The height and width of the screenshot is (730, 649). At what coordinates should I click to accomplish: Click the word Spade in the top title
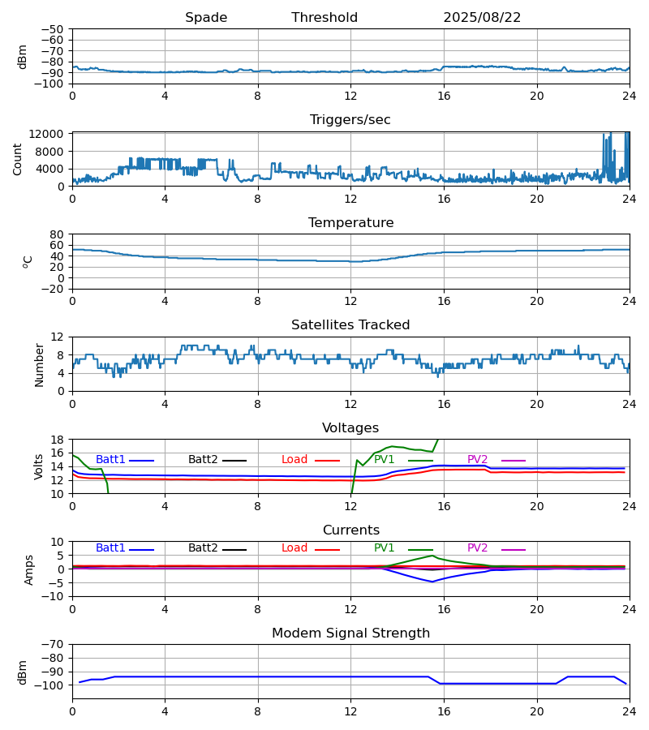pyautogui.click(x=206, y=18)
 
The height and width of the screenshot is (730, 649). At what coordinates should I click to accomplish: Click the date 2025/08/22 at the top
pyautogui.click(x=482, y=18)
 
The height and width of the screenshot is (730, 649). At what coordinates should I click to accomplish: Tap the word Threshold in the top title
pyautogui.click(x=324, y=18)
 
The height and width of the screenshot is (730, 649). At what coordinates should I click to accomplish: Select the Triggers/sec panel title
pyautogui.click(x=350, y=120)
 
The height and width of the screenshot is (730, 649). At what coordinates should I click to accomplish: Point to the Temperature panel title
pyautogui.click(x=350, y=223)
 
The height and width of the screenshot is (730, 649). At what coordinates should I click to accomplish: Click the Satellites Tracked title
pyautogui.click(x=350, y=325)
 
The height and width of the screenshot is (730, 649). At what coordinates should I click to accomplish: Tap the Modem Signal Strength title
pyautogui.click(x=350, y=633)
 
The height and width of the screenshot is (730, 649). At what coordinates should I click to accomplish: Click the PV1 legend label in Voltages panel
pyautogui.click(x=384, y=460)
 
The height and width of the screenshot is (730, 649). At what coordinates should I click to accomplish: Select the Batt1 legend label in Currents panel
pyautogui.click(x=110, y=548)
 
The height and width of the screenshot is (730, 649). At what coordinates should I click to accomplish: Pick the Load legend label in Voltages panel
pyautogui.click(x=294, y=460)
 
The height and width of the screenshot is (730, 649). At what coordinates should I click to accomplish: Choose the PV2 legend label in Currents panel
pyautogui.click(x=477, y=548)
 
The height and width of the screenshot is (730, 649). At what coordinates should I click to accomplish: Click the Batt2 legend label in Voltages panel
pyautogui.click(x=203, y=460)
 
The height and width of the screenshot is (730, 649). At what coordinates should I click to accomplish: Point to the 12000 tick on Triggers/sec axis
pyautogui.click(x=50, y=134)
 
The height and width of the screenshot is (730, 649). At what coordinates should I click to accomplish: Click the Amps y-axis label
pyautogui.click(x=30, y=569)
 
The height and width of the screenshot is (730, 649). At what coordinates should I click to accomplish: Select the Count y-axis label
pyautogui.click(x=18, y=159)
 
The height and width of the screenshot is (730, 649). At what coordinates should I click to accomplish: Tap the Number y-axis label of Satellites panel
pyautogui.click(x=40, y=364)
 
